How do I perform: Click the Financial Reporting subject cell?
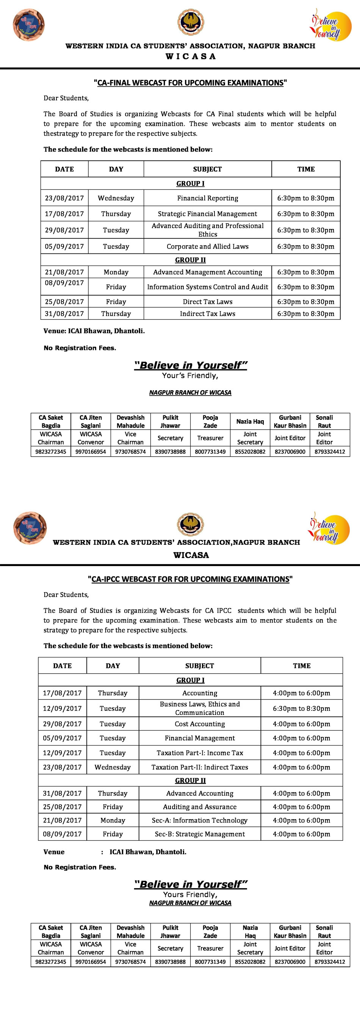[208, 199]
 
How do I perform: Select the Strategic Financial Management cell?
[208, 214]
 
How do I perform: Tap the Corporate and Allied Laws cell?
[208, 247]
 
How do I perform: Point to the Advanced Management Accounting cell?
[208, 272]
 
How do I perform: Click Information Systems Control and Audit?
[208, 287]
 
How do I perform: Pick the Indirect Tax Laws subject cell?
[208, 314]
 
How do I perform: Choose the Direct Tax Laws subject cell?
[208, 302]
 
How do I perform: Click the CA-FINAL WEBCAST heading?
[190, 83]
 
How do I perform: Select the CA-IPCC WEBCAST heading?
[190, 579]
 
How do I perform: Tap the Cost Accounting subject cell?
[200, 724]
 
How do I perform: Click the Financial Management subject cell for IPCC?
[200, 738]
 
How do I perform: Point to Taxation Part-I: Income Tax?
[200, 753]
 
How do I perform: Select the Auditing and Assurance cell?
[200, 807]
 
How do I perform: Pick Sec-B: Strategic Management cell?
[200, 834]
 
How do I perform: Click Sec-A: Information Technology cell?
[200, 821]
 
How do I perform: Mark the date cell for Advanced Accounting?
[63, 793]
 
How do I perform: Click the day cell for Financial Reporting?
[116, 199]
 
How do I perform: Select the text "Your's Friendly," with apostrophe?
[190, 376]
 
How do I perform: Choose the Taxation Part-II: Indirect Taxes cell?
[200, 767]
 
